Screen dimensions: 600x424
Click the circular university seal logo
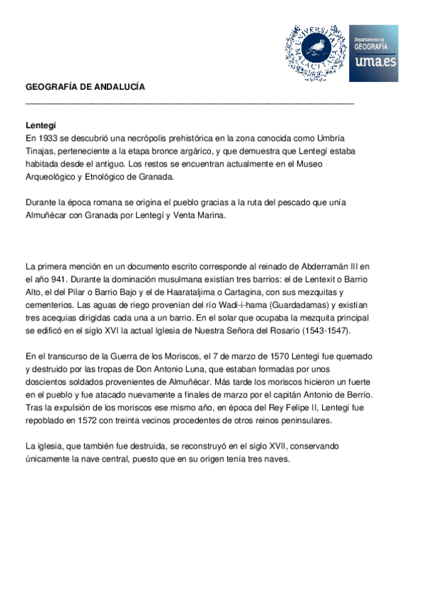(x=317, y=53)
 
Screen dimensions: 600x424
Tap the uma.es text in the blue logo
(x=373, y=64)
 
